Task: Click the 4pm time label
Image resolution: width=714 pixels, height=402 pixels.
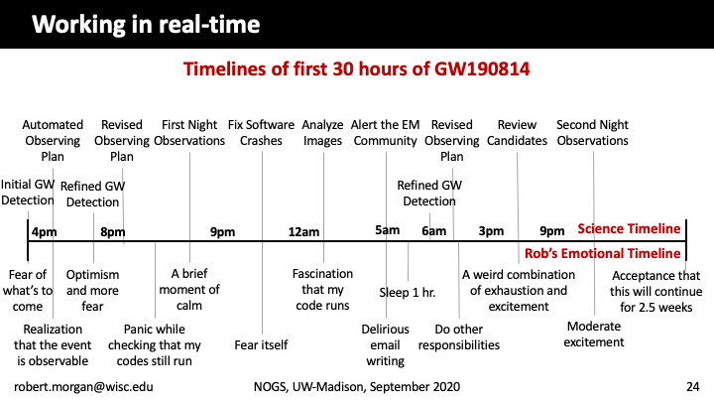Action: [45, 232]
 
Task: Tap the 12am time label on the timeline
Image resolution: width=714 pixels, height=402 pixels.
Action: [303, 232]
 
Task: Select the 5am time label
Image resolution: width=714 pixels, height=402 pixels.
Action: [387, 230]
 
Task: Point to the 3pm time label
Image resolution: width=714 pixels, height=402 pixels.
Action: [491, 231]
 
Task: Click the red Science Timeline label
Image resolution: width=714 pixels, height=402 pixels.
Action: [629, 229]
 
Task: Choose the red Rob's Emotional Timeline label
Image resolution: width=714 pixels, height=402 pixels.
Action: [603, 253]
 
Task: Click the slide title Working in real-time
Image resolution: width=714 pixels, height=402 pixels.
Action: [146, 24]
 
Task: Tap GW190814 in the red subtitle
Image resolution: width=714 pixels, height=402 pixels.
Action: [482, 69]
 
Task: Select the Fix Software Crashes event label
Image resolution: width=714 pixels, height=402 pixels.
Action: [261, 133]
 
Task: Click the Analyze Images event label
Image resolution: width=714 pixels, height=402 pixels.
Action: [322, 133]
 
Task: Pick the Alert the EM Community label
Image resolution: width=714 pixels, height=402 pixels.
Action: [385, 133]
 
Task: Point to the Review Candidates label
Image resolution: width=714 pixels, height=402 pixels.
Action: [517, 133]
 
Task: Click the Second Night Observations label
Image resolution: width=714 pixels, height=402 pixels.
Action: [592, 133]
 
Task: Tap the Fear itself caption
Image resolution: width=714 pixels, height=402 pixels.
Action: [261, 345]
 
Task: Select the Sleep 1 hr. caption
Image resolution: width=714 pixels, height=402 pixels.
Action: [408, 293]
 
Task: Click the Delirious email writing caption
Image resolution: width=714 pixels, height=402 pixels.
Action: [385, 345]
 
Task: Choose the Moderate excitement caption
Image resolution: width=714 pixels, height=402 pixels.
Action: [594, 335]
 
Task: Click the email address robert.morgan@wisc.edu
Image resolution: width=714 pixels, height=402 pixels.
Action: [83, 387]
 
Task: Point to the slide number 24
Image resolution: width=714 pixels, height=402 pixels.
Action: [692, 387]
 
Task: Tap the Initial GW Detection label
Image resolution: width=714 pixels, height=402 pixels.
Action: [28, 193]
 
